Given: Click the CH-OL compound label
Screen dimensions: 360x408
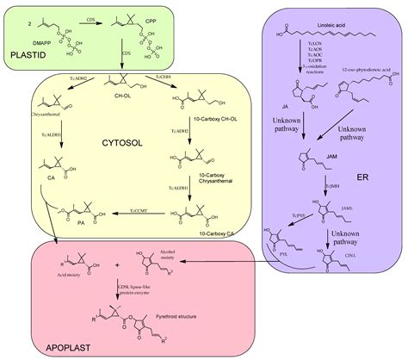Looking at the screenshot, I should tap(113, 109).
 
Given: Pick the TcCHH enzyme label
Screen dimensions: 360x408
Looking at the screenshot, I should tap(166, 79).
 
